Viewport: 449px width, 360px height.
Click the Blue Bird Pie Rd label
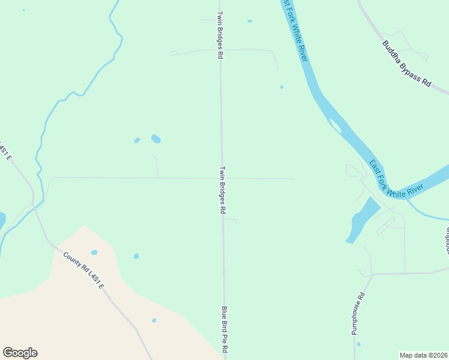pos(225,330)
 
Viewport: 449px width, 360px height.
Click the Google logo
pos(20,353)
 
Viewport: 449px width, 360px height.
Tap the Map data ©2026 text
pos(423,355)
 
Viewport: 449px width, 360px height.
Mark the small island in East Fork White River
pos(335,125)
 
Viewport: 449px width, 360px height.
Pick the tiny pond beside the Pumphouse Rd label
pos(359,344)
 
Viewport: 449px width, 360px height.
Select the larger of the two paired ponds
pos(156,139)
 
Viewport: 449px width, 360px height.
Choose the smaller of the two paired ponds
pos(137,140)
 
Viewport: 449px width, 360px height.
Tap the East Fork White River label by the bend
pos(396,179)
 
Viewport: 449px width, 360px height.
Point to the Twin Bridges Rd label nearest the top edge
pos(220,34)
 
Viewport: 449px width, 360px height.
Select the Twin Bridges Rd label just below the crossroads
pos(222,190)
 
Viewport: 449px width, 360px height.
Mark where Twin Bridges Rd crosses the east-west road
pos(222,178)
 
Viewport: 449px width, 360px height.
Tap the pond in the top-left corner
pos(23,10)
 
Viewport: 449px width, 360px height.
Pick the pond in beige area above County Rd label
pos(94,252)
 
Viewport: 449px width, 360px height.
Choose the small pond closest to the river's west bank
pos(282,87)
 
